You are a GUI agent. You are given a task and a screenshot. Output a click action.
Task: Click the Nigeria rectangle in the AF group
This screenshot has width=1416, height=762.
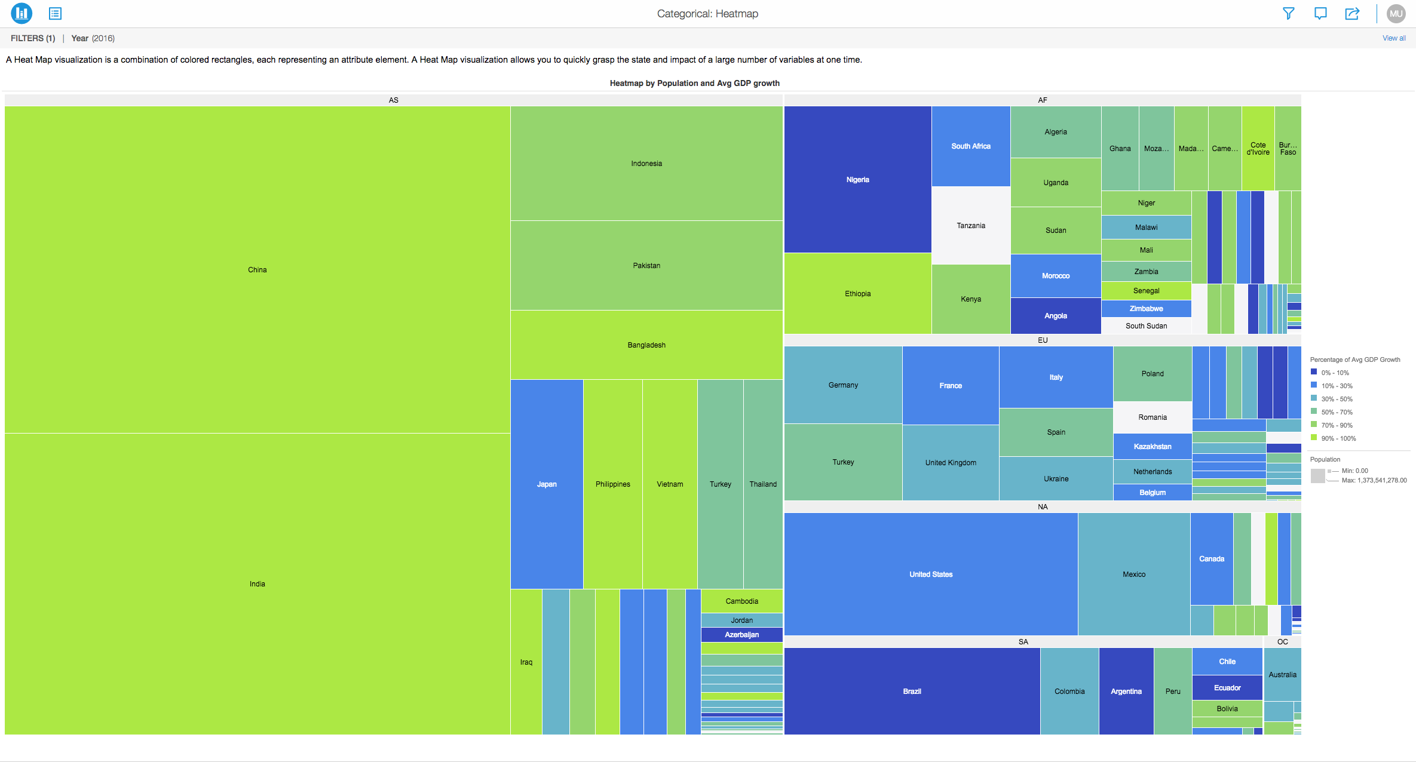[x=857, y=179]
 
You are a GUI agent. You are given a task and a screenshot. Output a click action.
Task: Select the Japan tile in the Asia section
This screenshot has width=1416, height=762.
[x=546, y=484]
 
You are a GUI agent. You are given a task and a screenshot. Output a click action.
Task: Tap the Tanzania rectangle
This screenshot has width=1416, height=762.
[x=970, y=225]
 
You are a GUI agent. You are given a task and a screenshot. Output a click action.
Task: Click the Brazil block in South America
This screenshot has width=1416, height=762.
[x=912, y=691]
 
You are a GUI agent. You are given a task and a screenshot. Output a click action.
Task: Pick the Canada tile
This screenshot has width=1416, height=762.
[x=1211, y=558]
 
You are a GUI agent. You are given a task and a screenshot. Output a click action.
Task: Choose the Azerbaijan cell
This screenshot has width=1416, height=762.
[x=741, y=634]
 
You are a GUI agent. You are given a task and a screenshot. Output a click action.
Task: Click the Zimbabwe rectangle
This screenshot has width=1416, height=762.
[x=1146, y=308]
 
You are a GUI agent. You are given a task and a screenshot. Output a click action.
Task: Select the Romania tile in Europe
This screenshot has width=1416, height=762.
[x=1152, y=417]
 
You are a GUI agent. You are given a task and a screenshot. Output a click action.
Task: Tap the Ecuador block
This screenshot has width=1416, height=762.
[x=1227, y=687]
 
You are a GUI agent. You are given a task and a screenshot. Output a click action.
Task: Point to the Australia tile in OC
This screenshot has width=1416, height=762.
[x=1282, y=674]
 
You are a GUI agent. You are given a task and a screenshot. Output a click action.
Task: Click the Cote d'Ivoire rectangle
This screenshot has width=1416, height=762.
[x=1258, y=148]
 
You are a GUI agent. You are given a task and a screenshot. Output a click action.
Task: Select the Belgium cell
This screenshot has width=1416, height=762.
[x=1152, y=492]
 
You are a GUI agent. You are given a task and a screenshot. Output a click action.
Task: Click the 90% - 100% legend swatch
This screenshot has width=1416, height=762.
[x=1314, y=438]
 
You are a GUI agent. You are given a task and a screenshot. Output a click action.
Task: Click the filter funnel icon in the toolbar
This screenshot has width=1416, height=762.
[x=1288, y=13]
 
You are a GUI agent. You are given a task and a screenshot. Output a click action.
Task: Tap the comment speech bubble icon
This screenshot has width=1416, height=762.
[x=1320, y=13]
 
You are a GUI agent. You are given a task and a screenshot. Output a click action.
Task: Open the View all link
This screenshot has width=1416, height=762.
[x=1393, y=38]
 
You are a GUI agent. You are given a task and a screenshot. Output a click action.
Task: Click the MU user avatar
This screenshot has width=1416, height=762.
[x=1396, y=13]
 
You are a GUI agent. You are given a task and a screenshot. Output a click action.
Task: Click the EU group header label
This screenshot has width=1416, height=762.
[x=1042, y=340]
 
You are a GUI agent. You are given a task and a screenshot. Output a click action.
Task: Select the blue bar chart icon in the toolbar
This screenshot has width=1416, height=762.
[x=22, y=13]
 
